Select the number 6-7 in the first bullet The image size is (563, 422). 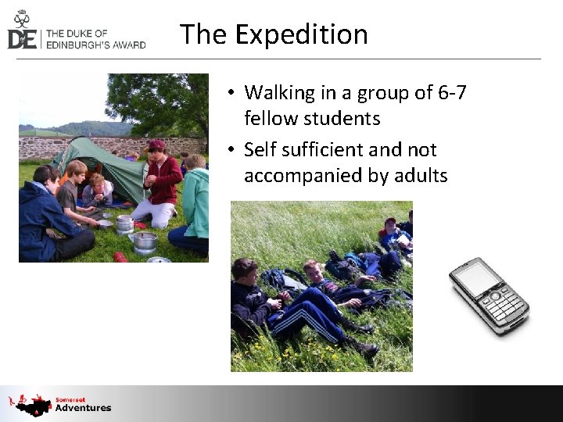click(x=452, y=93)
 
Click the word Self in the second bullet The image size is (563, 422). click(x=260, y=150)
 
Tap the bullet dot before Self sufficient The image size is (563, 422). click(x=232, y=150)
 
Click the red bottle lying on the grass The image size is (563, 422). click(x=120, y=256)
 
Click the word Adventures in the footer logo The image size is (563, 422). click(x=83, y=408)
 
